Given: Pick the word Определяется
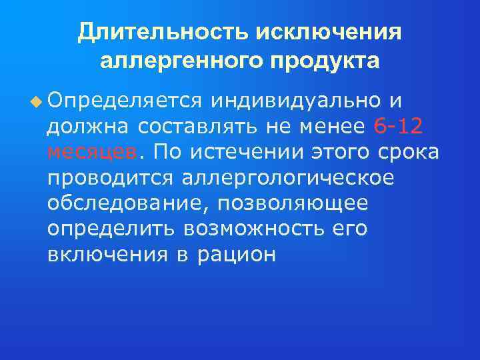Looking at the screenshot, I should pyautogui.click(x=125, y=101).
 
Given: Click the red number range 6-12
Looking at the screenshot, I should pyautogui.click(x=399, y=126).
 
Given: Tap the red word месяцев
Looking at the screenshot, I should pyautogui.click(x=92, y=152).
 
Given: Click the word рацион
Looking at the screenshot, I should pyautogui.click(x=237, y=255).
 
